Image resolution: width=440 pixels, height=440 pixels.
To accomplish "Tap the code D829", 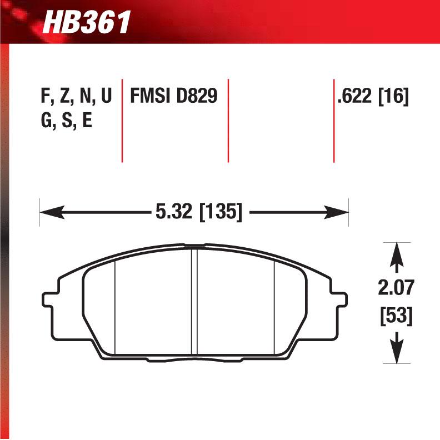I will tap(197, 97).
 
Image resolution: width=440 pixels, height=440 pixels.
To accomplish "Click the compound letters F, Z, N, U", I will tap(76, 97).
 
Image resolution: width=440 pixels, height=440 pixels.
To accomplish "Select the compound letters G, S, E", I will tap(66, 122).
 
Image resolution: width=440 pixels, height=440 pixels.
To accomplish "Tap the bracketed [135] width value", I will tap(220, 212).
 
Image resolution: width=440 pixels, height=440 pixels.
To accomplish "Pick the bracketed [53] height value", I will tap(396, 316).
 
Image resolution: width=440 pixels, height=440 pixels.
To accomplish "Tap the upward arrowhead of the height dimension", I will tap(396, 252).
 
